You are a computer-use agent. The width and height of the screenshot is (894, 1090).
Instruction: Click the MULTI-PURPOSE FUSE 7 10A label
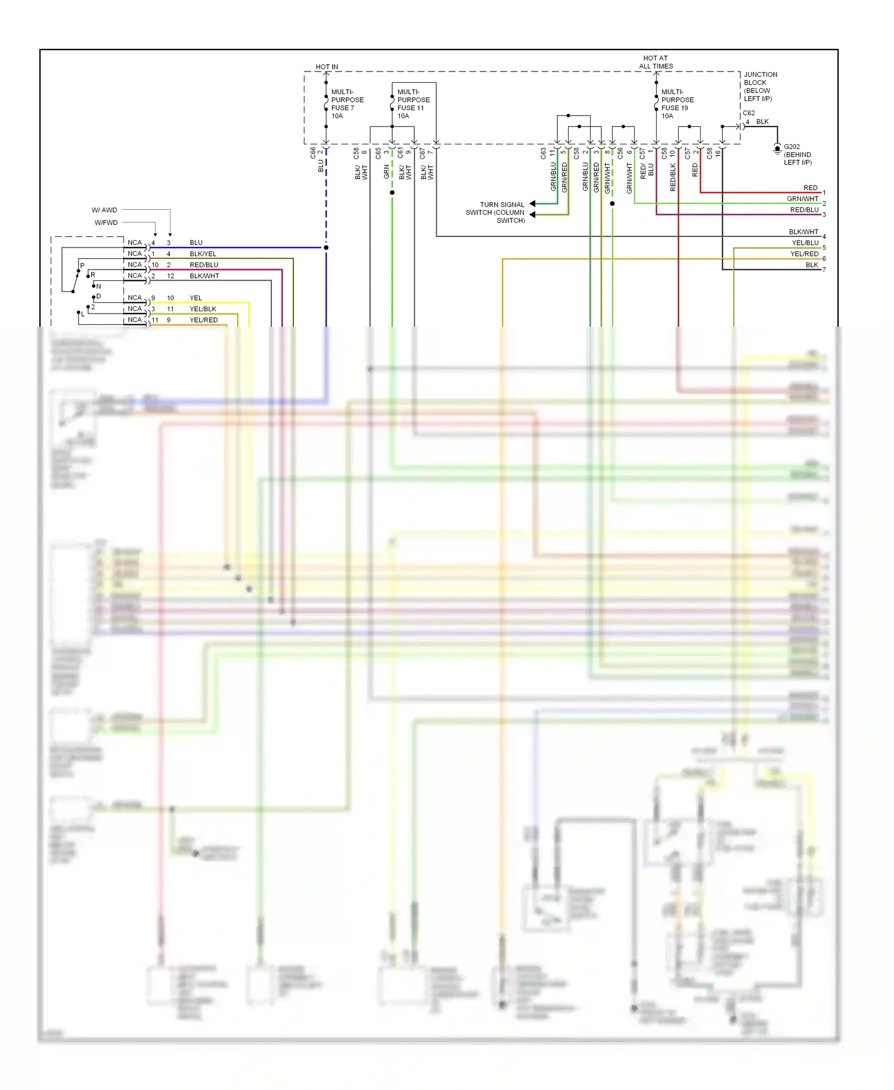[347, 104]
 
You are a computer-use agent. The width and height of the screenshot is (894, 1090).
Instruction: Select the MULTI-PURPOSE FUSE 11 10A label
[413, 104]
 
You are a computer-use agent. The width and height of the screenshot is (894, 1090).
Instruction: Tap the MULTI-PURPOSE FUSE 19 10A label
[677, 104]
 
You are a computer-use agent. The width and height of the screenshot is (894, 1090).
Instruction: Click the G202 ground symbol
[777, 148]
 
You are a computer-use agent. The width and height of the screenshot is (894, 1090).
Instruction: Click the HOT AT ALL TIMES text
[656, 62]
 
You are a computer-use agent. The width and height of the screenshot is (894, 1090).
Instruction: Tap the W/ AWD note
[104, 210]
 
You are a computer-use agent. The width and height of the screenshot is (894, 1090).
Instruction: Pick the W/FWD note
[106, 222]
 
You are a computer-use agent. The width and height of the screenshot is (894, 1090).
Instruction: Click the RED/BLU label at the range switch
[204, 265]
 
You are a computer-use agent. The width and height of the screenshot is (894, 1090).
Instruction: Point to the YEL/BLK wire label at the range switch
[203, 309]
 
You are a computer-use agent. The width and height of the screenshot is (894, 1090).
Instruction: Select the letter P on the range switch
[82, 265]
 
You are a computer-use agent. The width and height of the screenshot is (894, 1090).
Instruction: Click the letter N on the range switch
[98, 286]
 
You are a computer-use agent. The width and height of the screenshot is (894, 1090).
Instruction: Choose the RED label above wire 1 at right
[810, 188]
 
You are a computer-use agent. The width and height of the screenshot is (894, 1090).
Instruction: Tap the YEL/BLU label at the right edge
[805, 243]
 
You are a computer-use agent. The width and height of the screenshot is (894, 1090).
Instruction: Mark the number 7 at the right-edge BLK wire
[824, 270]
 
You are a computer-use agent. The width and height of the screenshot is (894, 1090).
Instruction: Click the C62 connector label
[749, 113]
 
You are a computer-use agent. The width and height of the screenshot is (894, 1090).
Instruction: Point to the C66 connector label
[313, 153]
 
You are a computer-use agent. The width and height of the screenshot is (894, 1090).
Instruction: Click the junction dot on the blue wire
[326, 247]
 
